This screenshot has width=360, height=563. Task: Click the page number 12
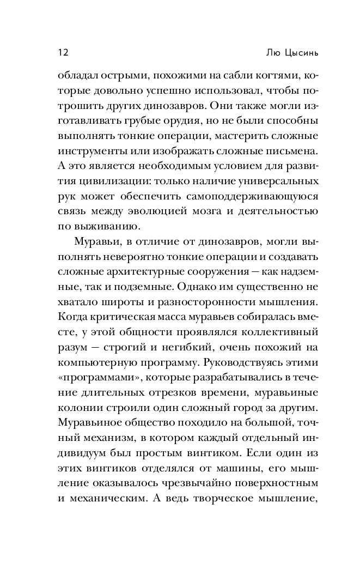tap(62, 53)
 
